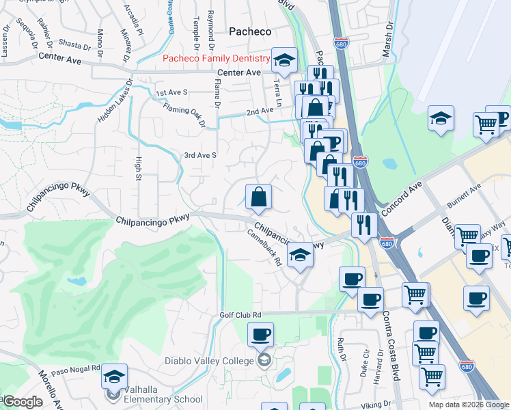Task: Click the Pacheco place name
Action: click(250, 31)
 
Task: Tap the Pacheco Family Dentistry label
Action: click(217, 59)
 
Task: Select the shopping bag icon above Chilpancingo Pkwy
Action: click(259, 197)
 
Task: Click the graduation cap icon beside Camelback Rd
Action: click(299, 255)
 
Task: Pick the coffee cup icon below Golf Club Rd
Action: click(260, 335)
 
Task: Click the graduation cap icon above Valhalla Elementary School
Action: click(114, 377)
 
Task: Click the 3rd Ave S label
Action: click(199, 155)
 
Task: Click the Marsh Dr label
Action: click(389, 34)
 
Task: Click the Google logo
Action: click(22, 402)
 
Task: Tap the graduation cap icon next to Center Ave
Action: click(284, 61)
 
